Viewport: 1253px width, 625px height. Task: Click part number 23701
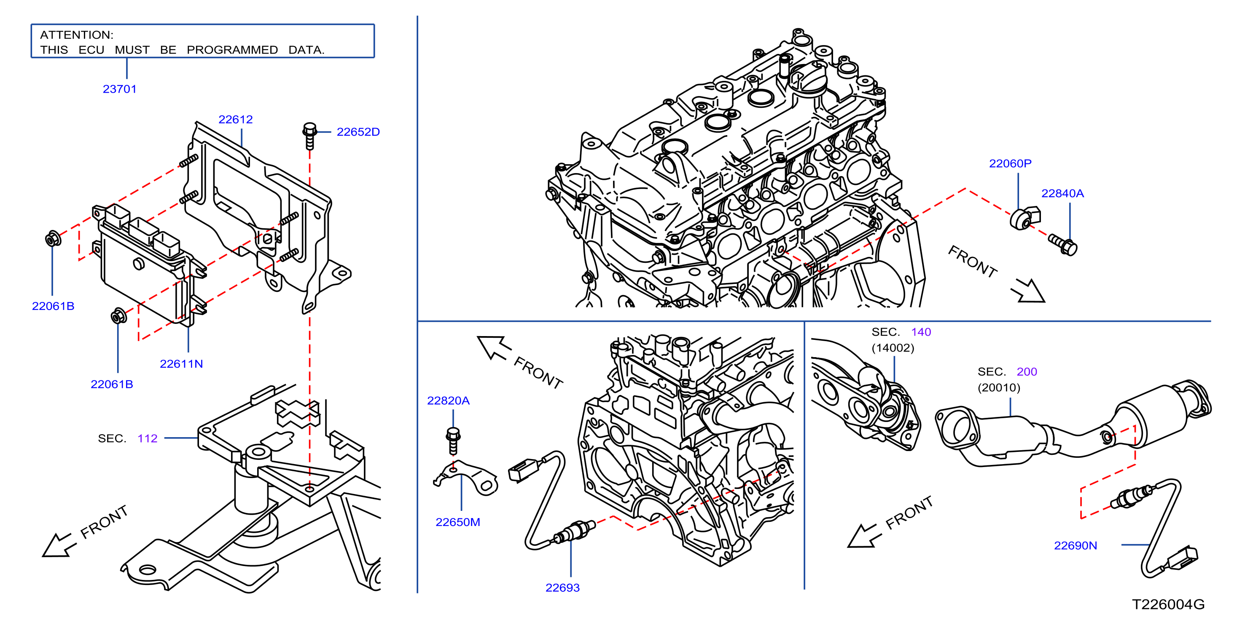click(120, 89)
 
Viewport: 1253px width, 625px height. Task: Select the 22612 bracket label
click(235, 119)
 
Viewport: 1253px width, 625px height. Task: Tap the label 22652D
click(358, 132)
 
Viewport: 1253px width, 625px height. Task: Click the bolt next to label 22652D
click(309, 136)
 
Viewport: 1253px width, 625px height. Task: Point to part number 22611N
click(181, 363)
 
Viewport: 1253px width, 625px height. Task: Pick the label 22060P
click(1010, 163)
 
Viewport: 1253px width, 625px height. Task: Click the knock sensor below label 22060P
click(1024, 218)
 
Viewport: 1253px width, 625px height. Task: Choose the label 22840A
click(1062, 193)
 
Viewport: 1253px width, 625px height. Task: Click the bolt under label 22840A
click(1063, 244)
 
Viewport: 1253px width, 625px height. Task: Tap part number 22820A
click(448, 401)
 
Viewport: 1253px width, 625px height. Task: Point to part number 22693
click(562, 588)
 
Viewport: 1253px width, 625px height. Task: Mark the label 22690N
click(1076, 545)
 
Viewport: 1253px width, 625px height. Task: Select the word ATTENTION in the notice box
click(76, 35)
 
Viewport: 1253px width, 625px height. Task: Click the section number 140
click(921, 332)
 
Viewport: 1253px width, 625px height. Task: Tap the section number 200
click(1027, 372)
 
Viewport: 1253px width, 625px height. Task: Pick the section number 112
click(148, 438)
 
